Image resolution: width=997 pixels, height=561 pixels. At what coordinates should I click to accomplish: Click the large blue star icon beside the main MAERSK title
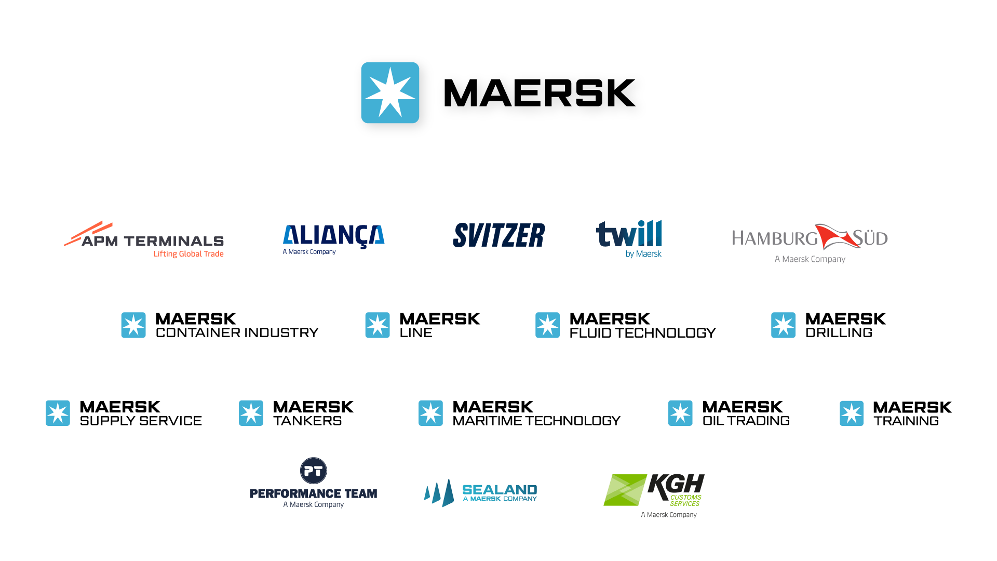[390, 92]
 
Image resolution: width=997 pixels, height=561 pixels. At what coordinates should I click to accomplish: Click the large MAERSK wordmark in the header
[540, 93]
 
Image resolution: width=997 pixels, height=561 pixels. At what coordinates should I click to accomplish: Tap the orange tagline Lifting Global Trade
[188, 254]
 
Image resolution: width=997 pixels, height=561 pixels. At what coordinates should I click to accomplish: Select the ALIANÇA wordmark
[333, 236]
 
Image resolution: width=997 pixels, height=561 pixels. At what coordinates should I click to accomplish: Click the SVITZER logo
[499, 235]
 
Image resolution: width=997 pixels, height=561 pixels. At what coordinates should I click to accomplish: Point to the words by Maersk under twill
[643, 254]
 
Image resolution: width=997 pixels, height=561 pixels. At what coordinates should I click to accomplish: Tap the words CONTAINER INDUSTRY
[237, 333]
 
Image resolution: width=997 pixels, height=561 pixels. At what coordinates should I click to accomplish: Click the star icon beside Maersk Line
[378, 325]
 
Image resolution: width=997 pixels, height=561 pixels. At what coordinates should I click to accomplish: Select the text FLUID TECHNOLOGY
[642, 333]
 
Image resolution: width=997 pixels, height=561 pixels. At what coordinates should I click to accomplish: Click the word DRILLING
[839, 333]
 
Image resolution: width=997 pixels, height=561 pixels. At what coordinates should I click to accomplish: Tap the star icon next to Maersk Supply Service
[58, 413]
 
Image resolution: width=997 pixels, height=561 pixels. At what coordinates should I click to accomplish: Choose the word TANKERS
[307, 421]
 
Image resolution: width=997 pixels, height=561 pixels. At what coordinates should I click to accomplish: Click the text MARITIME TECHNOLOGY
[536, 421]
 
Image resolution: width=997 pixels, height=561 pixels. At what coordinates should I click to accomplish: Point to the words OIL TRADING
[746, 421]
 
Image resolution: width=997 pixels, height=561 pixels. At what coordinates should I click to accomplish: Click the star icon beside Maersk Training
[852, 413]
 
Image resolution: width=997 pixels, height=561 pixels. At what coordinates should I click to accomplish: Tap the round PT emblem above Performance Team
[314, 471]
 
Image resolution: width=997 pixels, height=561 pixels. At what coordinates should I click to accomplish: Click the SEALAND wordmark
[500, 490]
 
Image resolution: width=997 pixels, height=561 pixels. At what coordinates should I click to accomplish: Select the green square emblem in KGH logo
[625, 490]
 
